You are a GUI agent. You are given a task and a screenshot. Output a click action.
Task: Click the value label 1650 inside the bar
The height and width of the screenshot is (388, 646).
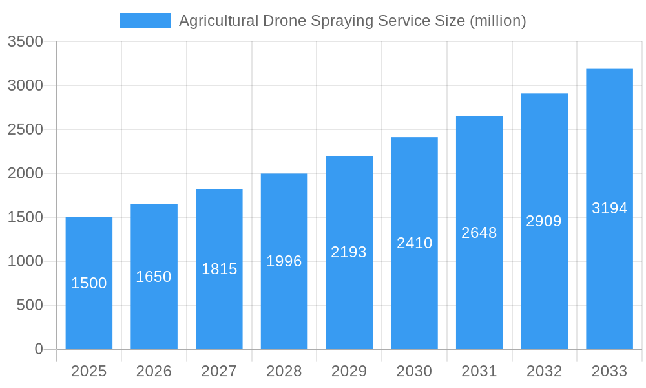click(x=154, y=277)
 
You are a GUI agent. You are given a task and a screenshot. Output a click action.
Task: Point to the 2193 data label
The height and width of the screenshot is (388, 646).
click(x=349, y=252)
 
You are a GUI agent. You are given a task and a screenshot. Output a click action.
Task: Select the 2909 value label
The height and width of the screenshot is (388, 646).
click(x=544, y=221)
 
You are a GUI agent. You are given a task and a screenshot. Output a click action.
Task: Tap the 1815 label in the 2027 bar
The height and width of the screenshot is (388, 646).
click(x=219, y=269)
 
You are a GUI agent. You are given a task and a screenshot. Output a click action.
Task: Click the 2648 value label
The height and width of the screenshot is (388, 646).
click(x=479, y=233)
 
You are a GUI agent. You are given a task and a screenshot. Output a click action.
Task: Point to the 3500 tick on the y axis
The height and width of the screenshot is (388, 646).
click(x=25, y=41)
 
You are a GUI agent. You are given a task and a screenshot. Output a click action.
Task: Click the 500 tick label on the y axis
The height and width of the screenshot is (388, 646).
click(x=30, y=305)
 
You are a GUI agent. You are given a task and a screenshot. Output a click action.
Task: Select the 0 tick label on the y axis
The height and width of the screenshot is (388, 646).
click(x=39, y=349)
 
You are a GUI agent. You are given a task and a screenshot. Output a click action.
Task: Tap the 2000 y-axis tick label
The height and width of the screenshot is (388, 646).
click(x=25, y=173)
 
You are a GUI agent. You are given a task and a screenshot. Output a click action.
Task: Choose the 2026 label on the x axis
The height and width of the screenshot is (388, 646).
click(x=154, y=371)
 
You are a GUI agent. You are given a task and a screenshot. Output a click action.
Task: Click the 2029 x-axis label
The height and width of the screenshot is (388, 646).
click(x=349, y=371)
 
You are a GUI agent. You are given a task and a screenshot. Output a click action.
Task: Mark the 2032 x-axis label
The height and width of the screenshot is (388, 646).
click(x=544, y=371)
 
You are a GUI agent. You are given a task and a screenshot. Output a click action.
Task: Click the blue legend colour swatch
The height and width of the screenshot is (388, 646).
click(x=145, y=21)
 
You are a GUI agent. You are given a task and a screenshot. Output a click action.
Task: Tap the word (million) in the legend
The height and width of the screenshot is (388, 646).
click(x=497, y=21)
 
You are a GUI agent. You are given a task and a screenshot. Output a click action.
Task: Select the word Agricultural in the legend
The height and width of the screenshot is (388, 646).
click(x=219, y=21)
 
